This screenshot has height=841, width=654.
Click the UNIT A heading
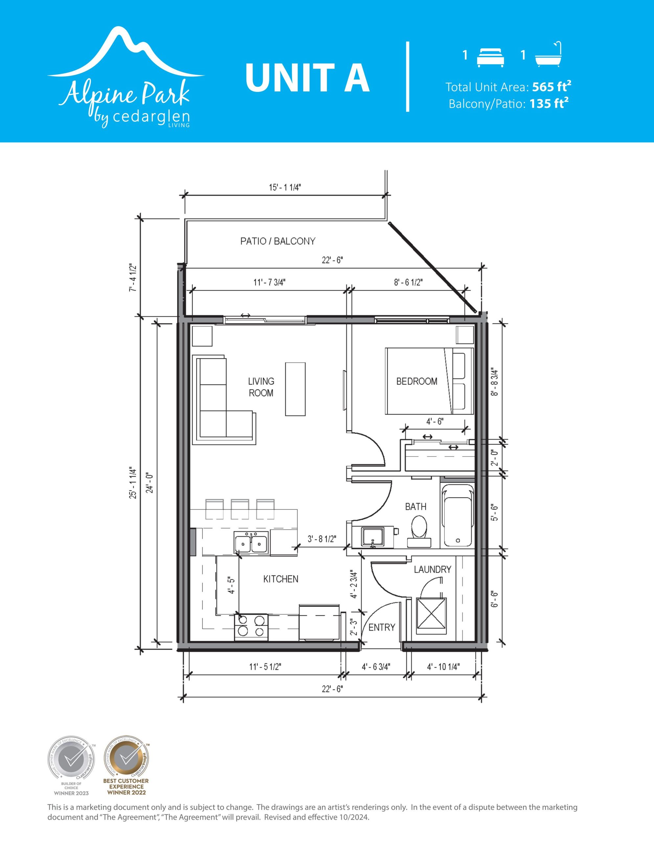click(307, 78)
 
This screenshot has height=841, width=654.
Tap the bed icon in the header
click(490, 58)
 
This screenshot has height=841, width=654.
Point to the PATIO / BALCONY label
click(278, 241)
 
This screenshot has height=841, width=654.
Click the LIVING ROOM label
click(261, 387)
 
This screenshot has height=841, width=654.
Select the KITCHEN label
click(281, 579)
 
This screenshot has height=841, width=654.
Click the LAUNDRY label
click(433, 569)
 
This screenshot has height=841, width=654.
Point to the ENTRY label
click(382, 627)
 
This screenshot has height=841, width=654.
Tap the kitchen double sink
click(251, 543)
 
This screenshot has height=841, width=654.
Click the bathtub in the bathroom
click(458, 516)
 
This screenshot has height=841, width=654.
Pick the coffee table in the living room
click(295, 389)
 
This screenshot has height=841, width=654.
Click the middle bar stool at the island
click(240, 509)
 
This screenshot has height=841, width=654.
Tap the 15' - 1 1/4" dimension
click(285, 188)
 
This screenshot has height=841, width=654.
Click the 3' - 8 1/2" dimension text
click(322, 539)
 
